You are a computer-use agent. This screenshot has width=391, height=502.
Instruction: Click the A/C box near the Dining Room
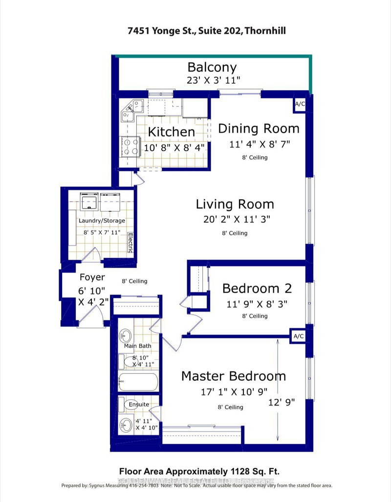299,104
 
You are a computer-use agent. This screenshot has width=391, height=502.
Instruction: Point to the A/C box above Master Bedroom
298,336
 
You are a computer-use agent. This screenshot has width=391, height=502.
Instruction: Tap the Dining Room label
259,129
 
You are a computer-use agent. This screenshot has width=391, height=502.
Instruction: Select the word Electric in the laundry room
130,242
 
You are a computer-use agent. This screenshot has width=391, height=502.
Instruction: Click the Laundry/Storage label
102,221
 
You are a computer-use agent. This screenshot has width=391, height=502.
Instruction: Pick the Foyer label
92,277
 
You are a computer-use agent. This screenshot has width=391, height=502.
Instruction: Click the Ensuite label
139,405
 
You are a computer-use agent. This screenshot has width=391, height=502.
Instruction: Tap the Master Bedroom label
234,376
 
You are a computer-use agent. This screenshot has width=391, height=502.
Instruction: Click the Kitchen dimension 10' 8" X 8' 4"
174,146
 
